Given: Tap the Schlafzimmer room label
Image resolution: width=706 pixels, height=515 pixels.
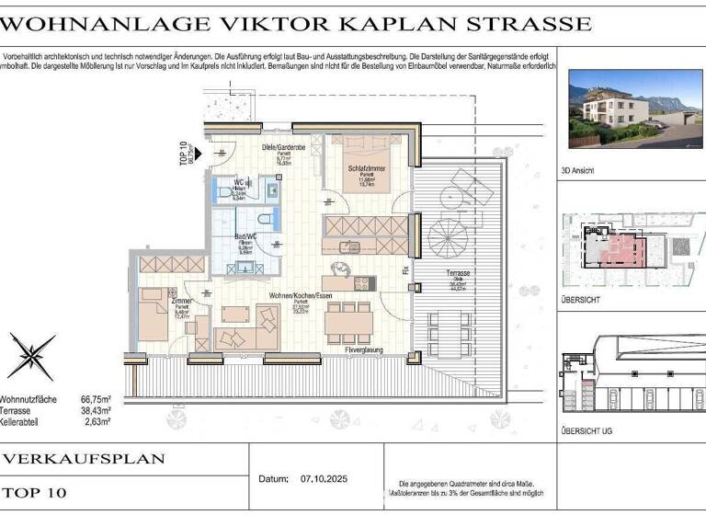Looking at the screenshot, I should tap(365, 168).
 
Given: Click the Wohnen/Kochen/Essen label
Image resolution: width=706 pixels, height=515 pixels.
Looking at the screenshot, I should tap(300, 295).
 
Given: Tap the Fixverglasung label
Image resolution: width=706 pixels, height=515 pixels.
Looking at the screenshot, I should tap(363, 350).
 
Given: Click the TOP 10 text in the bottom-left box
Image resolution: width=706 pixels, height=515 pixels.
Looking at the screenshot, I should tap(37, 493).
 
